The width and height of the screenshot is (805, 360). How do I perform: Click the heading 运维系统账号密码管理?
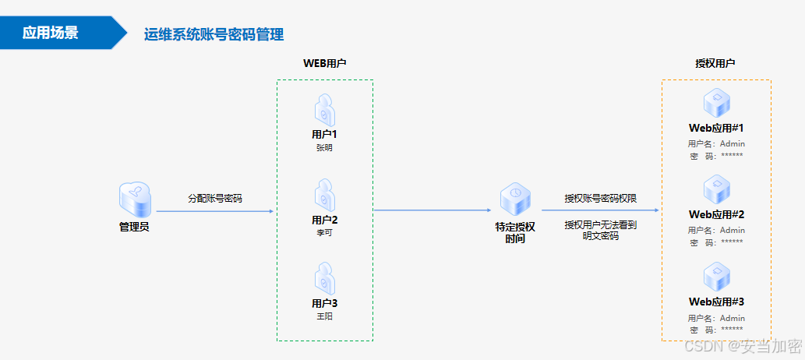[214, 34]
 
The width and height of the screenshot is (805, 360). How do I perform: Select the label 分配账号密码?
[215, 198]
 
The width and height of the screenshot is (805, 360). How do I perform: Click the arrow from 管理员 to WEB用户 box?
[215, 210]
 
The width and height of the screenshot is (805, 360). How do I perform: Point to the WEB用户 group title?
[325, 63]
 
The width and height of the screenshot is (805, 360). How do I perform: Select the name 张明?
[324, 147]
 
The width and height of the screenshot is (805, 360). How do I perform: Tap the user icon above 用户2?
[325, 196]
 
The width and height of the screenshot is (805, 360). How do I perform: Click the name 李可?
[324, 232]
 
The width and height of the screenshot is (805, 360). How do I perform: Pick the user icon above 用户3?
[325, 279]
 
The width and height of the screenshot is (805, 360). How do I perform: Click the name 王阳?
[324, 316]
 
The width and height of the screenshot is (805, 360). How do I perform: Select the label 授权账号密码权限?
[601, 198]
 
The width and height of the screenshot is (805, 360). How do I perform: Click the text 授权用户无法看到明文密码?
[601, 230]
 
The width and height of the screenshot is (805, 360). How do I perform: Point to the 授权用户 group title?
[715, 63]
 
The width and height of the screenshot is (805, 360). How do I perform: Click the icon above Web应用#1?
[716, 103]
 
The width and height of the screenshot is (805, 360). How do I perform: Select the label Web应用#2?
[716, 214]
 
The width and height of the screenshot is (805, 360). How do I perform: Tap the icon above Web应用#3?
[716, 277]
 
